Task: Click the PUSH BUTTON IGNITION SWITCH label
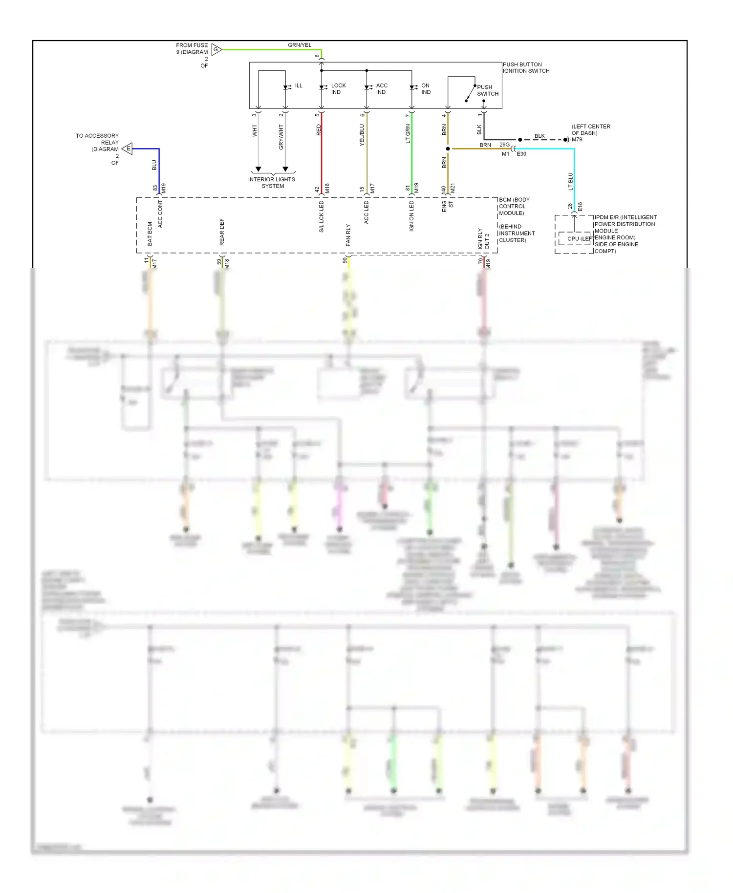(526, 67)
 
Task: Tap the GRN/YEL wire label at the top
(299, 45)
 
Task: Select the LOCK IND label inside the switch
(338, 88)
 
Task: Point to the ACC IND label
(382, 88)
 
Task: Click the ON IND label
(426, 88)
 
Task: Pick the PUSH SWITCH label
(487, 90)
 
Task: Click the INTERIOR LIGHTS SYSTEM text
(272, 182)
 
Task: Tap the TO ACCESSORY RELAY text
(97, 139)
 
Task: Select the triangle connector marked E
(128, 149)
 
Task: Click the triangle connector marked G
(216, 49)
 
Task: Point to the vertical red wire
(322, 161)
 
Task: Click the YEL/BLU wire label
(362, 135)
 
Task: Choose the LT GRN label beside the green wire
(408, 133)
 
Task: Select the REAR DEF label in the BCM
(222, 232)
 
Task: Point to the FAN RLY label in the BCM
(348, 235)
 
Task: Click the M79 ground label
(577, 140)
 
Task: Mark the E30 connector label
(521, 154)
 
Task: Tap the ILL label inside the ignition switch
(299, 85)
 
